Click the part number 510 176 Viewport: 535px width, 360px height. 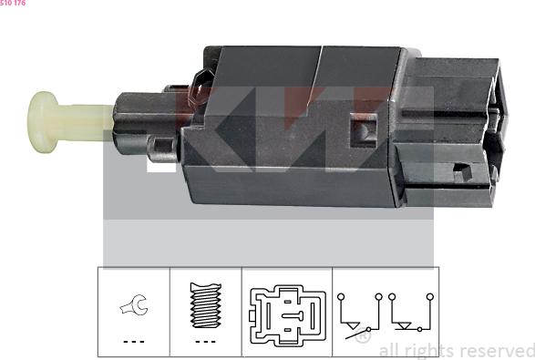[13, 3]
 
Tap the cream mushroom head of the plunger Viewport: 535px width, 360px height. [42, 122]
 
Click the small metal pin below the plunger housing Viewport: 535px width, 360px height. [162, 149]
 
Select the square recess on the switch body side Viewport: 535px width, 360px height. [364, 130]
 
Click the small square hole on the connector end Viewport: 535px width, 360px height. [462, 171]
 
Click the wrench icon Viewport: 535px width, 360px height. [134, 304]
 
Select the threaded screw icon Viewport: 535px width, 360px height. [206, 305]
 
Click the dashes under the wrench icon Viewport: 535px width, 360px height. [134, 341]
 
